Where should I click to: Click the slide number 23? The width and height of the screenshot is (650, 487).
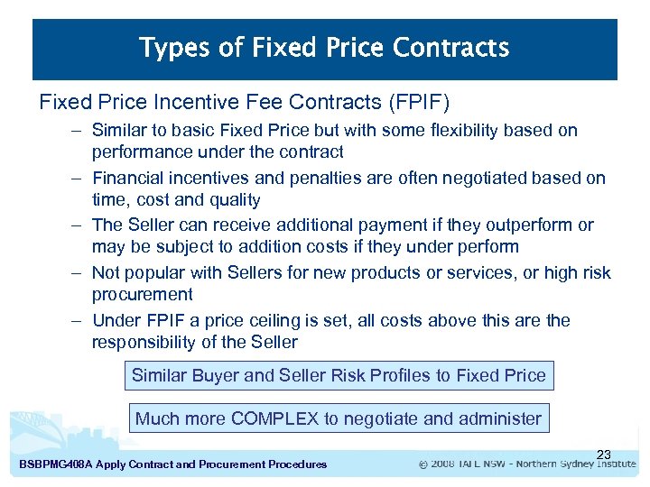(x=604, y=454)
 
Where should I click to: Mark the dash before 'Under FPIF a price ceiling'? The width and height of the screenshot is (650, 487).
(x=79, y=320)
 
